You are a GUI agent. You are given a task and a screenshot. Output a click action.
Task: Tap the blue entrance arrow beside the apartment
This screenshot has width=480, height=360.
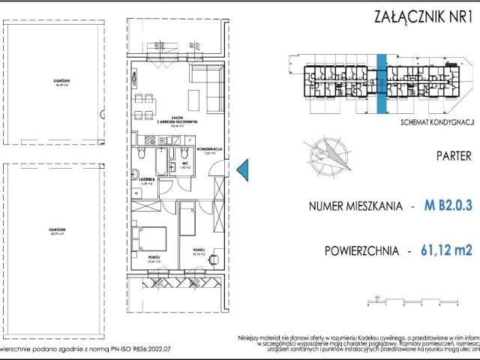coord(242,171)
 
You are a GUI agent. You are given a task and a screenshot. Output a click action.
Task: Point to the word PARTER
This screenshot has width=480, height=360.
coord(453,157)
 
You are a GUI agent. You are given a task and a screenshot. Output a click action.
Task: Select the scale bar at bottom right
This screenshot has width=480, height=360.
coord(402,302)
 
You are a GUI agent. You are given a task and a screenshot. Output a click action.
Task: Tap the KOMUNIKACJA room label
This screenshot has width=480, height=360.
coord(209,150)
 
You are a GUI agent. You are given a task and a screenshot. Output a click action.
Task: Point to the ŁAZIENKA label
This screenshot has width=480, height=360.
coord(147,180)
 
